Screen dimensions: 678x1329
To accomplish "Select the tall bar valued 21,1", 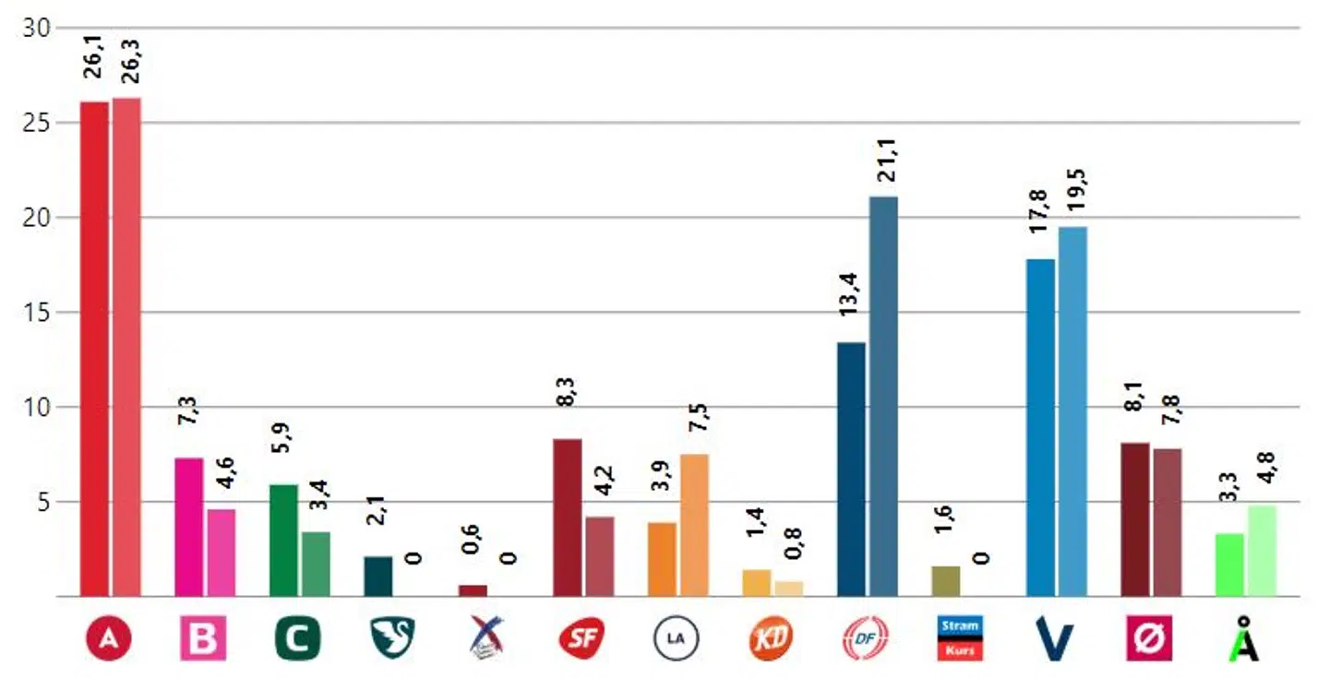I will pyautogui.click(x=883, y=397).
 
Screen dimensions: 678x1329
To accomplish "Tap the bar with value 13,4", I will pyautogui.click(x=851, y=470).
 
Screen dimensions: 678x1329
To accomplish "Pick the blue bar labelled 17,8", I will pyautogui.click(x=1040, y=428).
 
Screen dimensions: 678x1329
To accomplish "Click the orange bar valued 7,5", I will pyautogui.click(x=694, y=526).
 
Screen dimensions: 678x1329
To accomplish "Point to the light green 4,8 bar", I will pyautogui.click(x=1262, y=551).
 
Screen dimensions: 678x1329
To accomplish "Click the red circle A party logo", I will pyautogui.click(x=109, y=639).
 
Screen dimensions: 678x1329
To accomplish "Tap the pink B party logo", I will pyautogui.click(x=203, y=639).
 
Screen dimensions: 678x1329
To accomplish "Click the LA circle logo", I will pyautogui.click(x=676, y=639).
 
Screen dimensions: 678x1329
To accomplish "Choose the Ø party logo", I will pyautogui.click(x=1150, y=639).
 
